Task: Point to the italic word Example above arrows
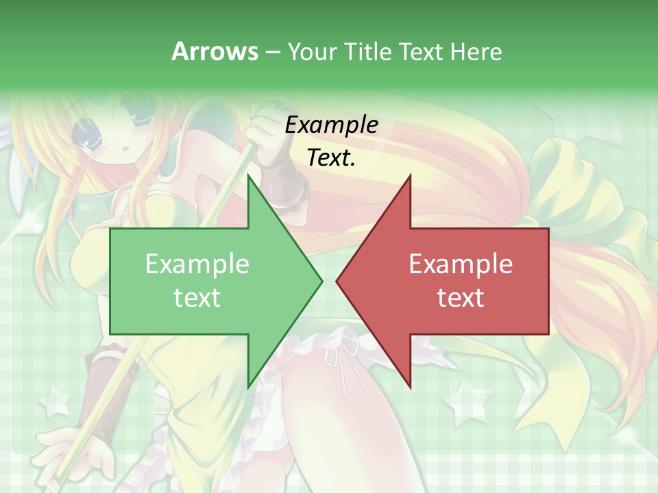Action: [332, 125]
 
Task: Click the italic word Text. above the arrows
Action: [332, 157]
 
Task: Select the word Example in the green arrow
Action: [197, 264]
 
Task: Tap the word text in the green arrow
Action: [197, 298]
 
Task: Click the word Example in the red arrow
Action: [461, 264]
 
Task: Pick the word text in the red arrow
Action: [461, 298]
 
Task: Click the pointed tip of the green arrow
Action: [321, 281]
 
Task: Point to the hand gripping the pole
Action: [264, 134]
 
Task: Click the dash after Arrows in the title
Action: [272, 52]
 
